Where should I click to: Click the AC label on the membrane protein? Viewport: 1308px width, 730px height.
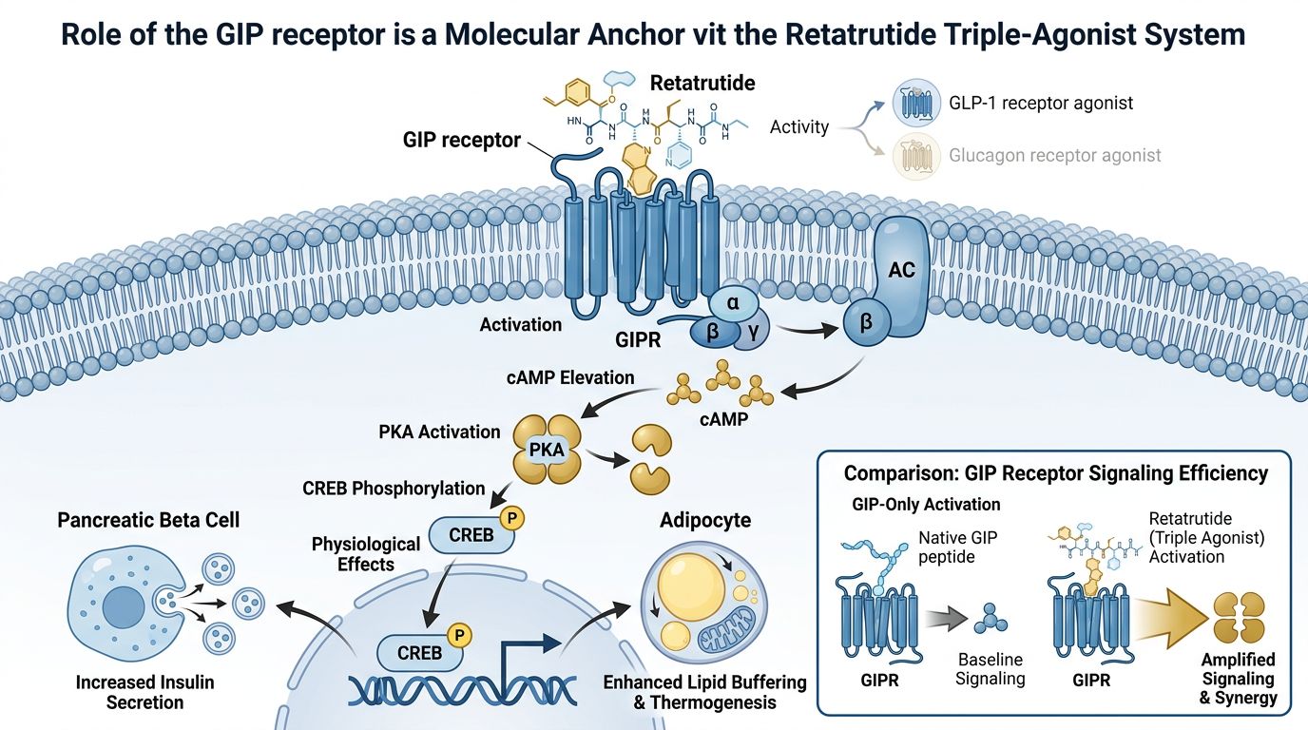click(900, 271)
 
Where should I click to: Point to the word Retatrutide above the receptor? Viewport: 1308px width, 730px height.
click(702, 83)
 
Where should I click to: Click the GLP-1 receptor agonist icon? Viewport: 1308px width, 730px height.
click(914, 103)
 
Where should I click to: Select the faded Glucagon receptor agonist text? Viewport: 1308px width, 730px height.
click(1054, 154)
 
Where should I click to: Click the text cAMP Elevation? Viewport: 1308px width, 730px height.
click(571, 377)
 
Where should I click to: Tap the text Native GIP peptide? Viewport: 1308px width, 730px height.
click(957, 547)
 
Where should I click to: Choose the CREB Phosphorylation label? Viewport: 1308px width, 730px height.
click(394, 488)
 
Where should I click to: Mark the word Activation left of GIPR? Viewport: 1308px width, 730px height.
click(520, 324)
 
